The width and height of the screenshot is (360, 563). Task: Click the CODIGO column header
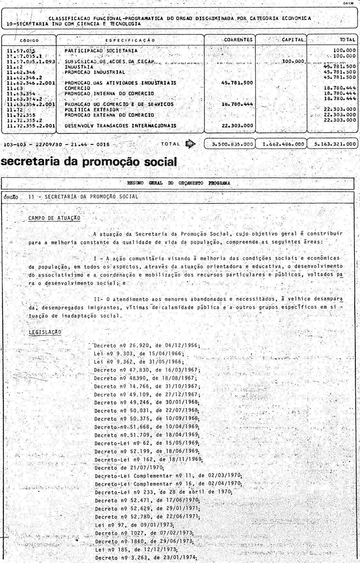[29, 41]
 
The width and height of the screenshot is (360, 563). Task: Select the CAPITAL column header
[292, 40]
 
